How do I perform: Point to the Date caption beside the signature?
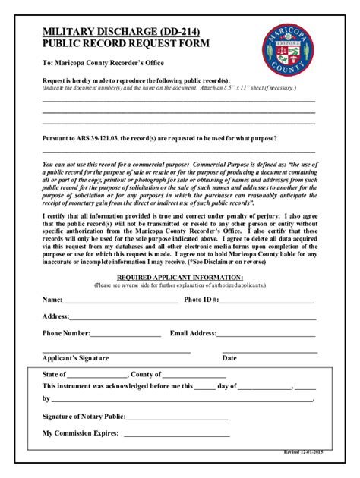(x=229, y=358)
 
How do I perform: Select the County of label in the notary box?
(x=145, y=375)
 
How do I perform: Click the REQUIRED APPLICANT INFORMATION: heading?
(x=180, y=278)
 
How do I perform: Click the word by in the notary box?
(x=46, y=398)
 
